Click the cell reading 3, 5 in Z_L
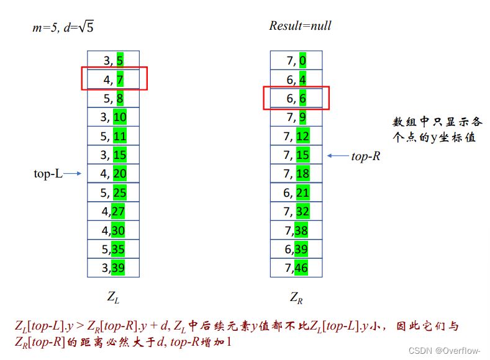pos(113,60)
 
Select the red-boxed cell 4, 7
pos(113,79)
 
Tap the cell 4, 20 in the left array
pos(113,174)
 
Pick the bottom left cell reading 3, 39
pos(113,268)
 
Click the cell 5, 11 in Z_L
pos(113,136)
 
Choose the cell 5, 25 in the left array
pos(113,192)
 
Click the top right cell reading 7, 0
pos(296,60)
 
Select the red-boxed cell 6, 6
pos(296,98)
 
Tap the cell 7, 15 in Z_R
pos(296,155)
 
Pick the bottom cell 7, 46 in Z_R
pos(296,268)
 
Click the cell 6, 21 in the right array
pos(296,192)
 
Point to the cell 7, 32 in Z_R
pos(296,212)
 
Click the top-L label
pos(48,174)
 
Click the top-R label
pos(366,156)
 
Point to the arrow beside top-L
pos(73,174)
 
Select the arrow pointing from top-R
pos(337,156)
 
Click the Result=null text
pos(300,25)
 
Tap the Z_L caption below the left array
pos(113,297)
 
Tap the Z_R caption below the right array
pos(296,297)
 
